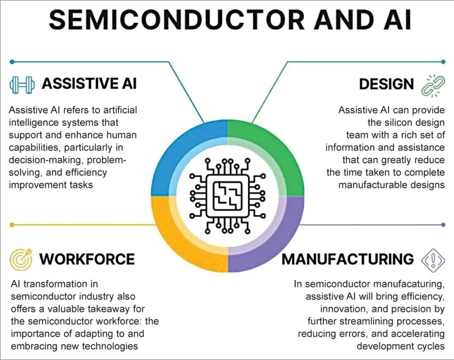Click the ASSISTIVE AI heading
pyautogui.click(x=89, y=84)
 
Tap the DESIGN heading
pyautogui.click(x=387, y=84)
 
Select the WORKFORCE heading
pyautogui.click(x=87, y=258)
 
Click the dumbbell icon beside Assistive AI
pyautogui.click(x=21, y=84)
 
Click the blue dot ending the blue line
pyautogui.click(x=12, y=62)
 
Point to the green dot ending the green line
pyautogui.click(x=443, y=62)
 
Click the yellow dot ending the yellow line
pyautogui.click(x=12, y=225)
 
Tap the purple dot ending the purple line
pyautogui.click(x=443, y=225)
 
